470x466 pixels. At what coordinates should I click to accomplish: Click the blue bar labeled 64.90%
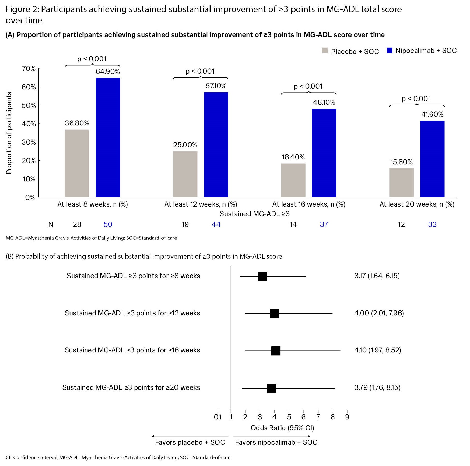pyautogui.click(x=108, y=137)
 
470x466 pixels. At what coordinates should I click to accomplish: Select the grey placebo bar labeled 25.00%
pyautogui.click(x=185, y=174)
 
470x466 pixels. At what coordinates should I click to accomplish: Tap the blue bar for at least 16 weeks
pyautogui.click(x=324, y=153)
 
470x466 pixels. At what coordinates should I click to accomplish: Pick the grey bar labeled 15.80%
pyautogui.click(x=401, y=183)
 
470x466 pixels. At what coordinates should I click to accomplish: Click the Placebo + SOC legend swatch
pyautogui.click(x=325, y=51)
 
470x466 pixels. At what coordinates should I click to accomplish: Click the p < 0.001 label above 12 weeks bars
pyautogui.click(x=200, y=71)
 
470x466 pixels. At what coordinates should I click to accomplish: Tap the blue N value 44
pyautogui.click(x=216, y=224)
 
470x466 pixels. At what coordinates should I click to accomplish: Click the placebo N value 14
pyautogui.click(x=293, y=224)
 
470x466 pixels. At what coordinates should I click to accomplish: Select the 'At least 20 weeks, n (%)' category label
pyautogui.click(x=417, y=204)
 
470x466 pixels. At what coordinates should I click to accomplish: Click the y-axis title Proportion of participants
pyautogui.click(x=9, y=133)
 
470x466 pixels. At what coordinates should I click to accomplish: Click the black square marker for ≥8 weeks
pyautogui.click(x=262, y=276)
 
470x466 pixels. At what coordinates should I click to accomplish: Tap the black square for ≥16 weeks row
pyautogui.click(x=276, y=351)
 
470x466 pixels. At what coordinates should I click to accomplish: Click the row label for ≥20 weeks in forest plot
pyautogui.click(x=131, y=387)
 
